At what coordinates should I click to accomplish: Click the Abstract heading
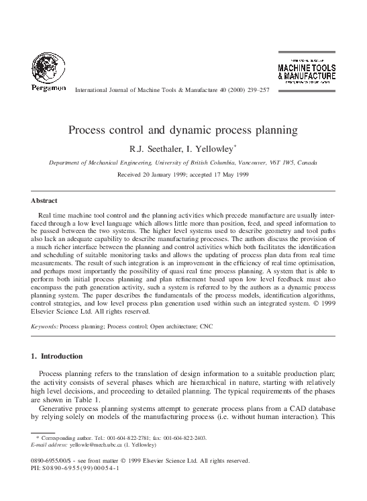[x=45, y=200]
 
